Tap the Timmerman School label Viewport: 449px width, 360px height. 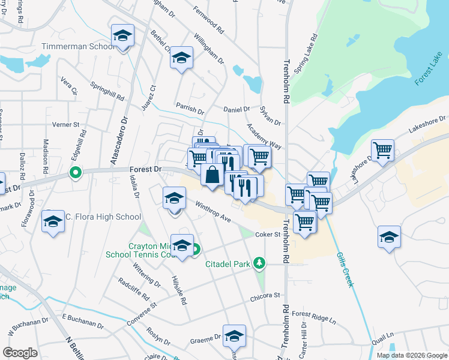click(x=78, y=46)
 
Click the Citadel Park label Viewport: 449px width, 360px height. click(x=228, y=264)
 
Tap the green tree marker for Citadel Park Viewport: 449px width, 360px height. click(x=259, y=262)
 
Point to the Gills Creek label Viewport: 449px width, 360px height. click(x=344, y=268)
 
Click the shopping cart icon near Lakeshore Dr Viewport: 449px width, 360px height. click(x=382, y=150)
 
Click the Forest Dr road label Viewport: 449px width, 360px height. click(x=145, y=170)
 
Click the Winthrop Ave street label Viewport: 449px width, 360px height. click(x=213, y=212)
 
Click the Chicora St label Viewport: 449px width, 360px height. click(x=265, y=296)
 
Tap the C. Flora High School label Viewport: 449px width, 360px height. click(x=103, y=217)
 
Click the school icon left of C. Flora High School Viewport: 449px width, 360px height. click(x=53, y=221)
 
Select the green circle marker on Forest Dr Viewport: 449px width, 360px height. click(x=75, y=174)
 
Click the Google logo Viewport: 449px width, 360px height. click(x=20, y=353)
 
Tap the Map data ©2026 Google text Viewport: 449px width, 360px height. click(x=411, y=355)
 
